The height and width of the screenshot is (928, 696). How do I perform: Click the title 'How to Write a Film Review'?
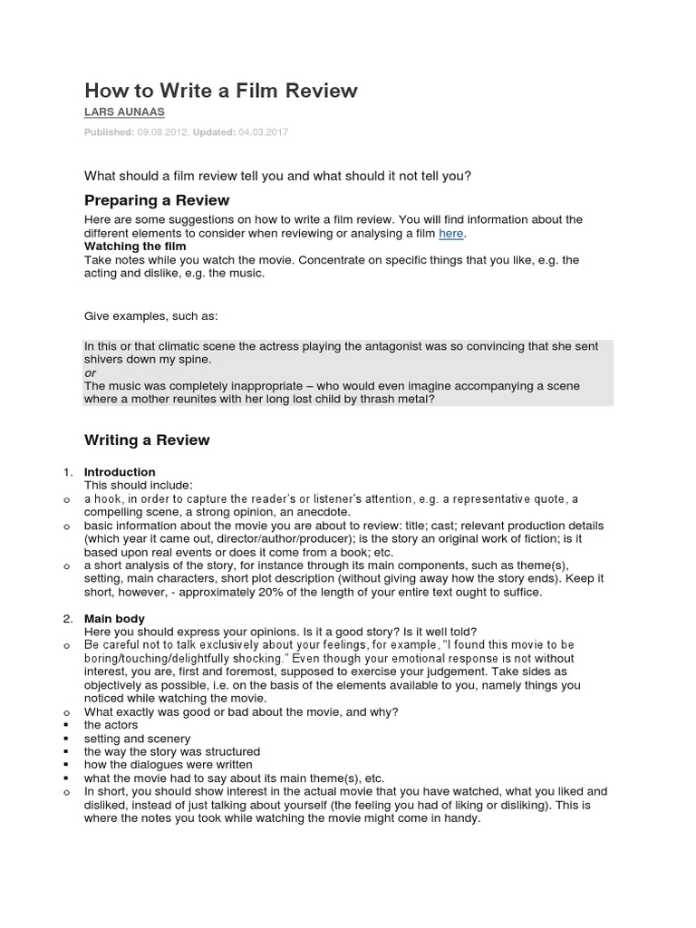pyautogui.click(x=221, y=91)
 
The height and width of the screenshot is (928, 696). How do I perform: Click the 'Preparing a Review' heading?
pyautogui.click(x=157, y=200)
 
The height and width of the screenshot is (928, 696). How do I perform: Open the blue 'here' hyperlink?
pyautogui.click(x=450, y=234)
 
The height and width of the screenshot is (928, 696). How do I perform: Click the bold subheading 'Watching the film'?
pyautogui.click(x=135, y=246)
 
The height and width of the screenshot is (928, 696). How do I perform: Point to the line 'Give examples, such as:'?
pyautogui.click(x=151, y=315)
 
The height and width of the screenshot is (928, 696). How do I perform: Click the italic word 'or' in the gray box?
pyautogui.click(x=90, y=372)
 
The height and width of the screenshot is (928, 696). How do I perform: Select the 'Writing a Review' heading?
pyautogui.click(x=147, y=440)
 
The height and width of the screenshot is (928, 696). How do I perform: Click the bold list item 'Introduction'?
pyautogui.click(x=120, y=472)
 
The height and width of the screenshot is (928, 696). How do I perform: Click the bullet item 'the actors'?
pyautogui.click(x=111, y=725)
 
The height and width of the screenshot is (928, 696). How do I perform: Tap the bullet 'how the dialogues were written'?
pyautogui.click(x=162, y=765)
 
